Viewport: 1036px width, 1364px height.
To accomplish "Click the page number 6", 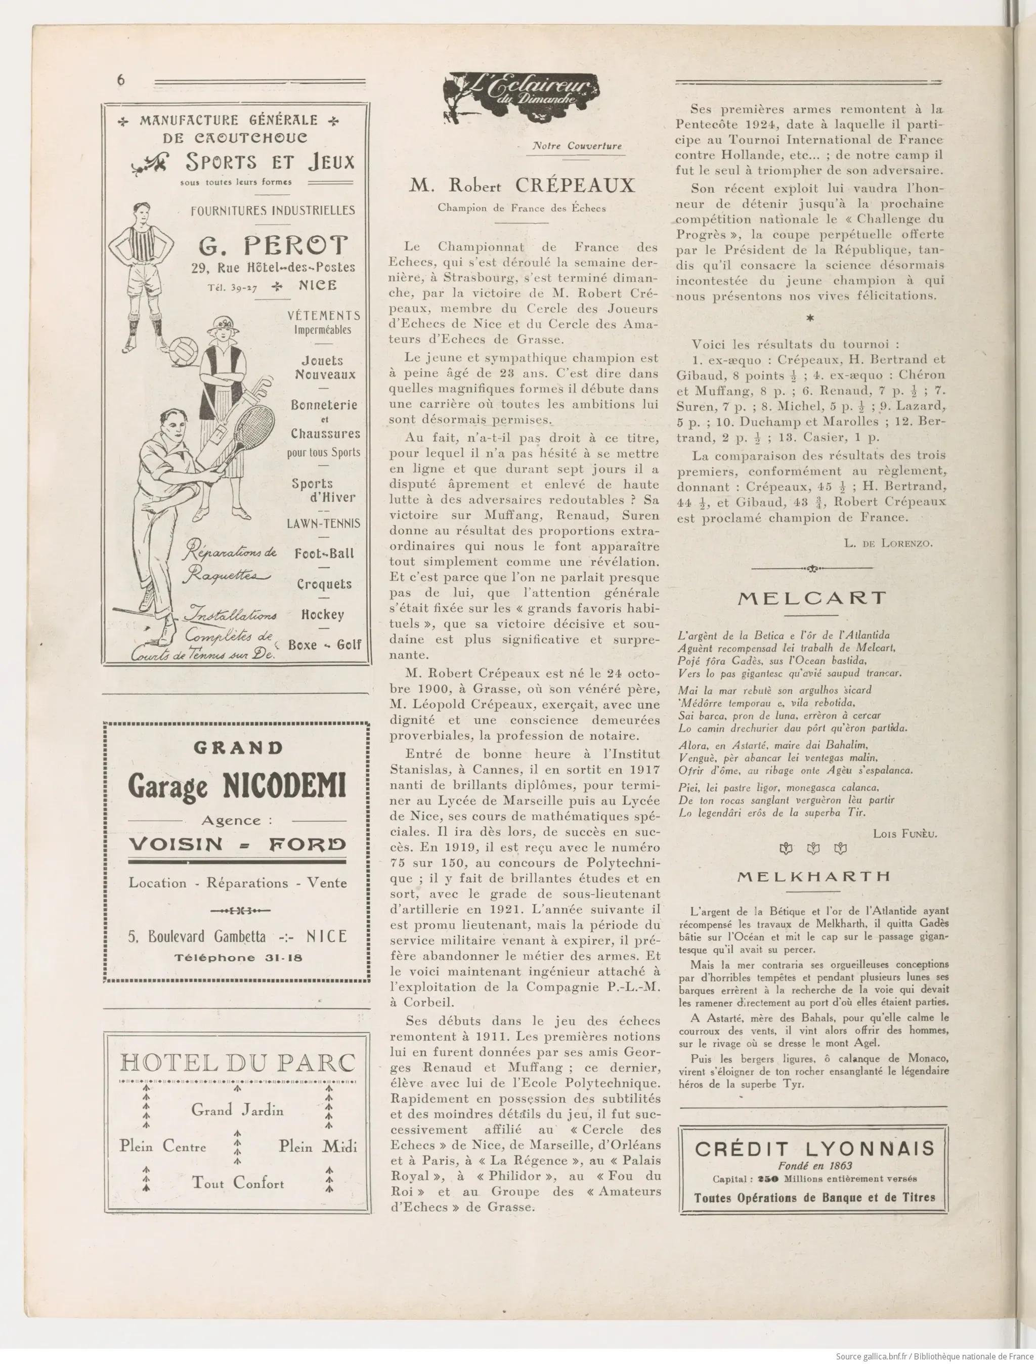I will (121, 80).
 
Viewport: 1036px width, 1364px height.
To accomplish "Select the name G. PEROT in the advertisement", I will (273, 246).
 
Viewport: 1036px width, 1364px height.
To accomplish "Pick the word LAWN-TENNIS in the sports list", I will (323, 524).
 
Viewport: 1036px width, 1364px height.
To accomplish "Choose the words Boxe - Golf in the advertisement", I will (324, 645).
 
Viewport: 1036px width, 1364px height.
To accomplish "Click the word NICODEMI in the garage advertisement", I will (284, 786).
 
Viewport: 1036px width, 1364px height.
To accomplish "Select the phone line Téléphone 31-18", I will (238, 958).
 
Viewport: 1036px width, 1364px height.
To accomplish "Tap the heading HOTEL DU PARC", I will (238, 1062).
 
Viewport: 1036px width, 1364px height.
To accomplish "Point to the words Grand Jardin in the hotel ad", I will (237, 1111).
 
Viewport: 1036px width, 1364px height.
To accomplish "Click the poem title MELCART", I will (812, 598).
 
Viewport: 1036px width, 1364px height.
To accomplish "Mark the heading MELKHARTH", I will (814, 876).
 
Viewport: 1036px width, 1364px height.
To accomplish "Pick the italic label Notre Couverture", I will (577, 146).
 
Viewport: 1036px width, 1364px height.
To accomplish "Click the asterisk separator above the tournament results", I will (810, 318).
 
